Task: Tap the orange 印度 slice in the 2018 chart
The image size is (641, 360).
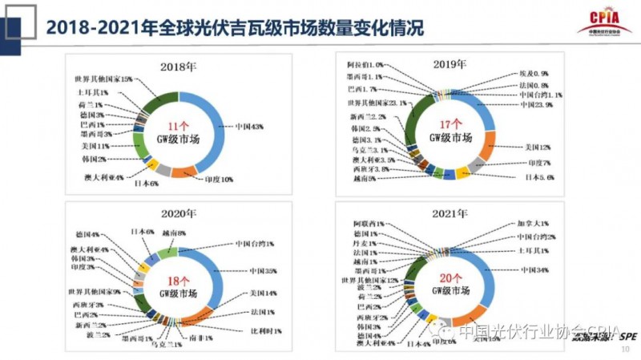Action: pos(184,169)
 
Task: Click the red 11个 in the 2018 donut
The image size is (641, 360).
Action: pos(177,126)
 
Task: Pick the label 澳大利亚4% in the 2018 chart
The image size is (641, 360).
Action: pos(104,176)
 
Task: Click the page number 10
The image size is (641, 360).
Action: pos(626,350)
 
